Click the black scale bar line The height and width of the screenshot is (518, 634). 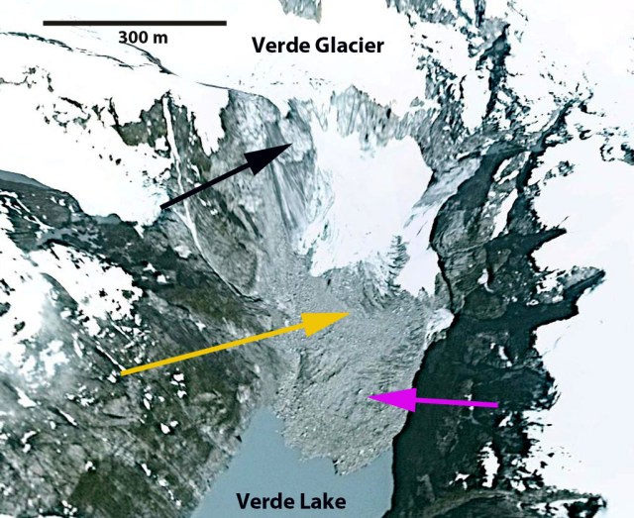(x=135, y=21)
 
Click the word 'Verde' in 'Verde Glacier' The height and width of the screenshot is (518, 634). (x=278, y=45)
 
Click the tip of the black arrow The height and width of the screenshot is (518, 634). (x=292, y=145)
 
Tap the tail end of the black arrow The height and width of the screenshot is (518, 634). (x=161, y=205)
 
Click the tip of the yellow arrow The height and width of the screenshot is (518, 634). (x=350, y=314)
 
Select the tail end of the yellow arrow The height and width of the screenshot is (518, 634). (x=121, y=372)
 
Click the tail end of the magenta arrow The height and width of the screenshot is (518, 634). (x=498, y=404)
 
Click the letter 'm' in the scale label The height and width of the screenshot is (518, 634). (x=161, y=37)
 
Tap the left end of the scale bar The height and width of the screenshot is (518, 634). (x=44, y=21)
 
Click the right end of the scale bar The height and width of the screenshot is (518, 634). (x=226, y=21)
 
